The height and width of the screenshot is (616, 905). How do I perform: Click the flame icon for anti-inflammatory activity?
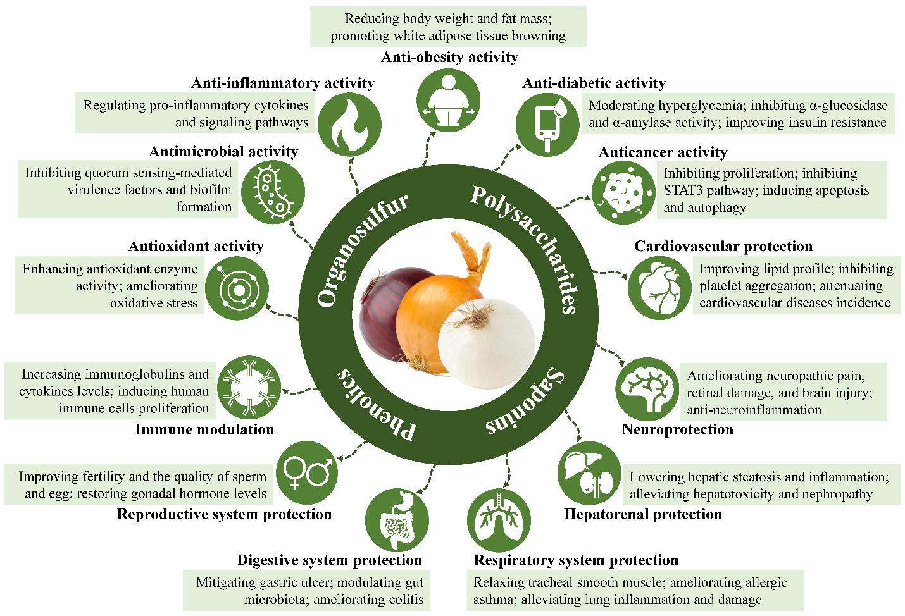(x=349, y=125)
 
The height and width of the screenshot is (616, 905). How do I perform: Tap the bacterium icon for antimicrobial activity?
(x=273, y=192)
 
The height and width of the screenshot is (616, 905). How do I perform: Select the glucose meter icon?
(x=547, y=125)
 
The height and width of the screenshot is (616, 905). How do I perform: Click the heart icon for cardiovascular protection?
(x=659, y=288)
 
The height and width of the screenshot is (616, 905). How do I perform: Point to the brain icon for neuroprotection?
(x=647, y=389)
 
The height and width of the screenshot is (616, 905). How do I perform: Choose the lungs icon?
(x=499, y=521)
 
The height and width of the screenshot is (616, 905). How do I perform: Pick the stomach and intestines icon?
(x=397, y=521)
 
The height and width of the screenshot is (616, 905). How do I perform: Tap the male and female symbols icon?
(x=307, y=472)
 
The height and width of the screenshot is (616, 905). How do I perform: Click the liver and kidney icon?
(x=589, y=473)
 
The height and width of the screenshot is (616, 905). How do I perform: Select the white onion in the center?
(x=486, y=343)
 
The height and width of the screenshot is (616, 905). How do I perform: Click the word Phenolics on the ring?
(x=376, y=405)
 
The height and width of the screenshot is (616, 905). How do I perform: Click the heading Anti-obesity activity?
(x=449, y=58)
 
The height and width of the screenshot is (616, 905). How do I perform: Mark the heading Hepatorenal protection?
(x=643, y=514)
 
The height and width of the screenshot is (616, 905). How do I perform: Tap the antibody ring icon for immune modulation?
(x=249, y=388)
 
